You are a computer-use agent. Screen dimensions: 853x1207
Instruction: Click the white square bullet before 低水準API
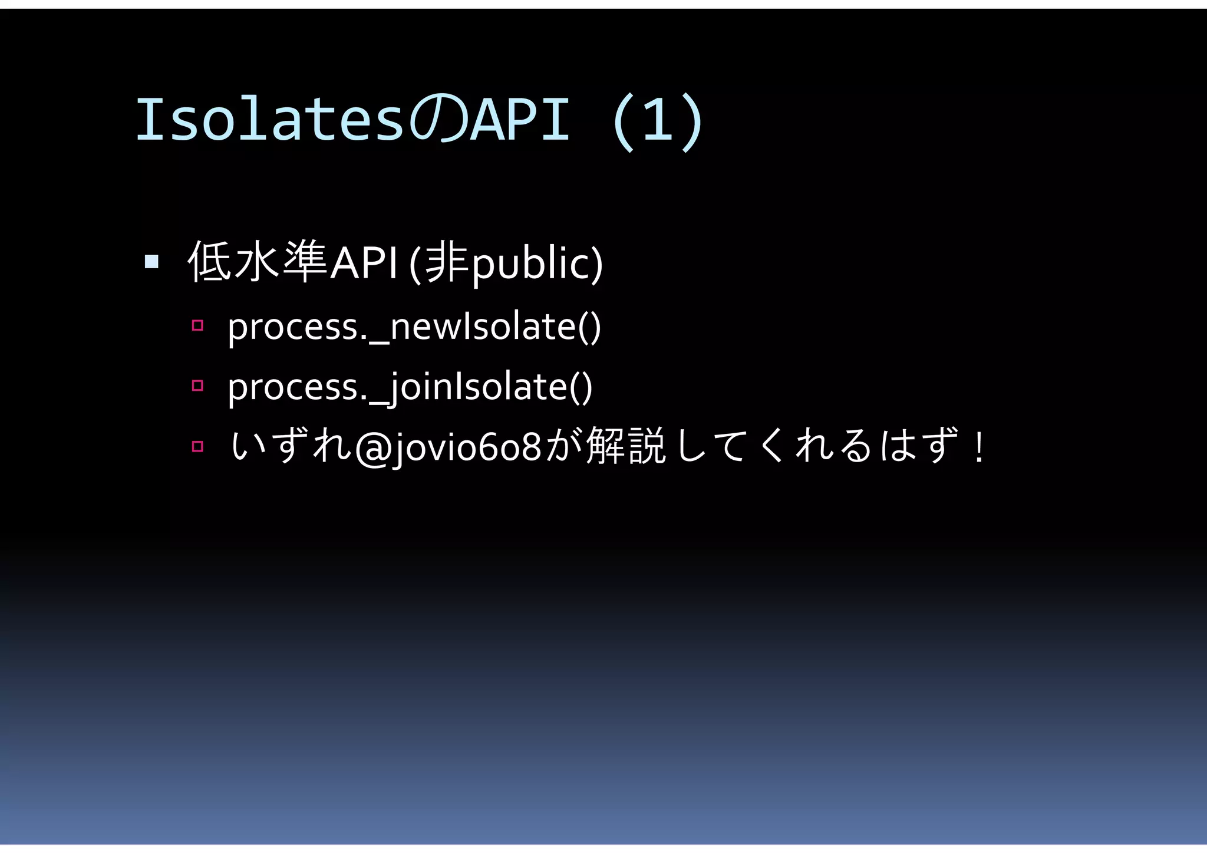coord(151,261)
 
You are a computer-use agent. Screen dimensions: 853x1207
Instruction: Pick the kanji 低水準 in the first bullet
coord(258,261)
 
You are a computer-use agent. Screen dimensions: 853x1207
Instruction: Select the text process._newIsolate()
coord(414,327)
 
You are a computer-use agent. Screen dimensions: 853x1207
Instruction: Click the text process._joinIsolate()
coord(410,387)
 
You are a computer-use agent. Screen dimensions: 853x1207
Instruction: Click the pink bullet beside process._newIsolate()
coord(197,325)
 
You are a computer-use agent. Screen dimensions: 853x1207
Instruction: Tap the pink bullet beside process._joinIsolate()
coord(197,386)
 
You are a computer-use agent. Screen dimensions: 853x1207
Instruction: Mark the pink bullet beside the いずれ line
coord(197,446)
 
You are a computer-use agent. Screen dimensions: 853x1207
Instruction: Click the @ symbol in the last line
coord(373,447)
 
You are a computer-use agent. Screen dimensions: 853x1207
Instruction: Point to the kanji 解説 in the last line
coord(626,446)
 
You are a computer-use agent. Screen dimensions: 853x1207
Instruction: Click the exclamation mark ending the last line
coord(979,447)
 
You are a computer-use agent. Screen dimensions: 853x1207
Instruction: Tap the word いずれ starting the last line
coord(290,446)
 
